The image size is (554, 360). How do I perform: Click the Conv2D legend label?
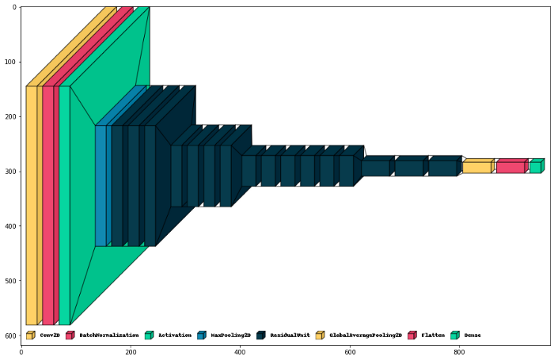tap(50, 335)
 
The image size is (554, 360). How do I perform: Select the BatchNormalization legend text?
tap(109, 335)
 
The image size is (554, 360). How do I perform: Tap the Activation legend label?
tap(174, 335)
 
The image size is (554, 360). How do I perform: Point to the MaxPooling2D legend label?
tap(230, 335)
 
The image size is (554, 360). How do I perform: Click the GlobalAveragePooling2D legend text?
tap(366, 335)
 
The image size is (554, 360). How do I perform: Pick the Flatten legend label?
tap(433, 335)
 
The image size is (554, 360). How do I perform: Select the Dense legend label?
tap(472, 335)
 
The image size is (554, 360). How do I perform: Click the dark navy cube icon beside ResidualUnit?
tap(260, 335)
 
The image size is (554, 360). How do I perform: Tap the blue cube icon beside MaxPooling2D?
tap(201, 335)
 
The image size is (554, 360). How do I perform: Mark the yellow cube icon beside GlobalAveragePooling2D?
tap(320, 335)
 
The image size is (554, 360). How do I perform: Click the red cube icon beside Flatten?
tap(412, 335)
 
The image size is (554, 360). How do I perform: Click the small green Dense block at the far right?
tap(535, 167)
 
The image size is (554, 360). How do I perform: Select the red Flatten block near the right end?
tap(510, 167)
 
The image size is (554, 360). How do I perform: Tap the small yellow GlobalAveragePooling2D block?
tap(476, 167)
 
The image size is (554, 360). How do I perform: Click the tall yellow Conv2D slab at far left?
tap(32, 206)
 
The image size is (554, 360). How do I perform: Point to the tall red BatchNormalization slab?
tap(47, 206)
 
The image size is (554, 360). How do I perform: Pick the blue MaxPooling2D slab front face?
tap(101, 186)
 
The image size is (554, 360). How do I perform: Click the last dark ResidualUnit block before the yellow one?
tap(442, 168)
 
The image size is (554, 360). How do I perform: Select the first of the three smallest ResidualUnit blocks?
tap(375, 168)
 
